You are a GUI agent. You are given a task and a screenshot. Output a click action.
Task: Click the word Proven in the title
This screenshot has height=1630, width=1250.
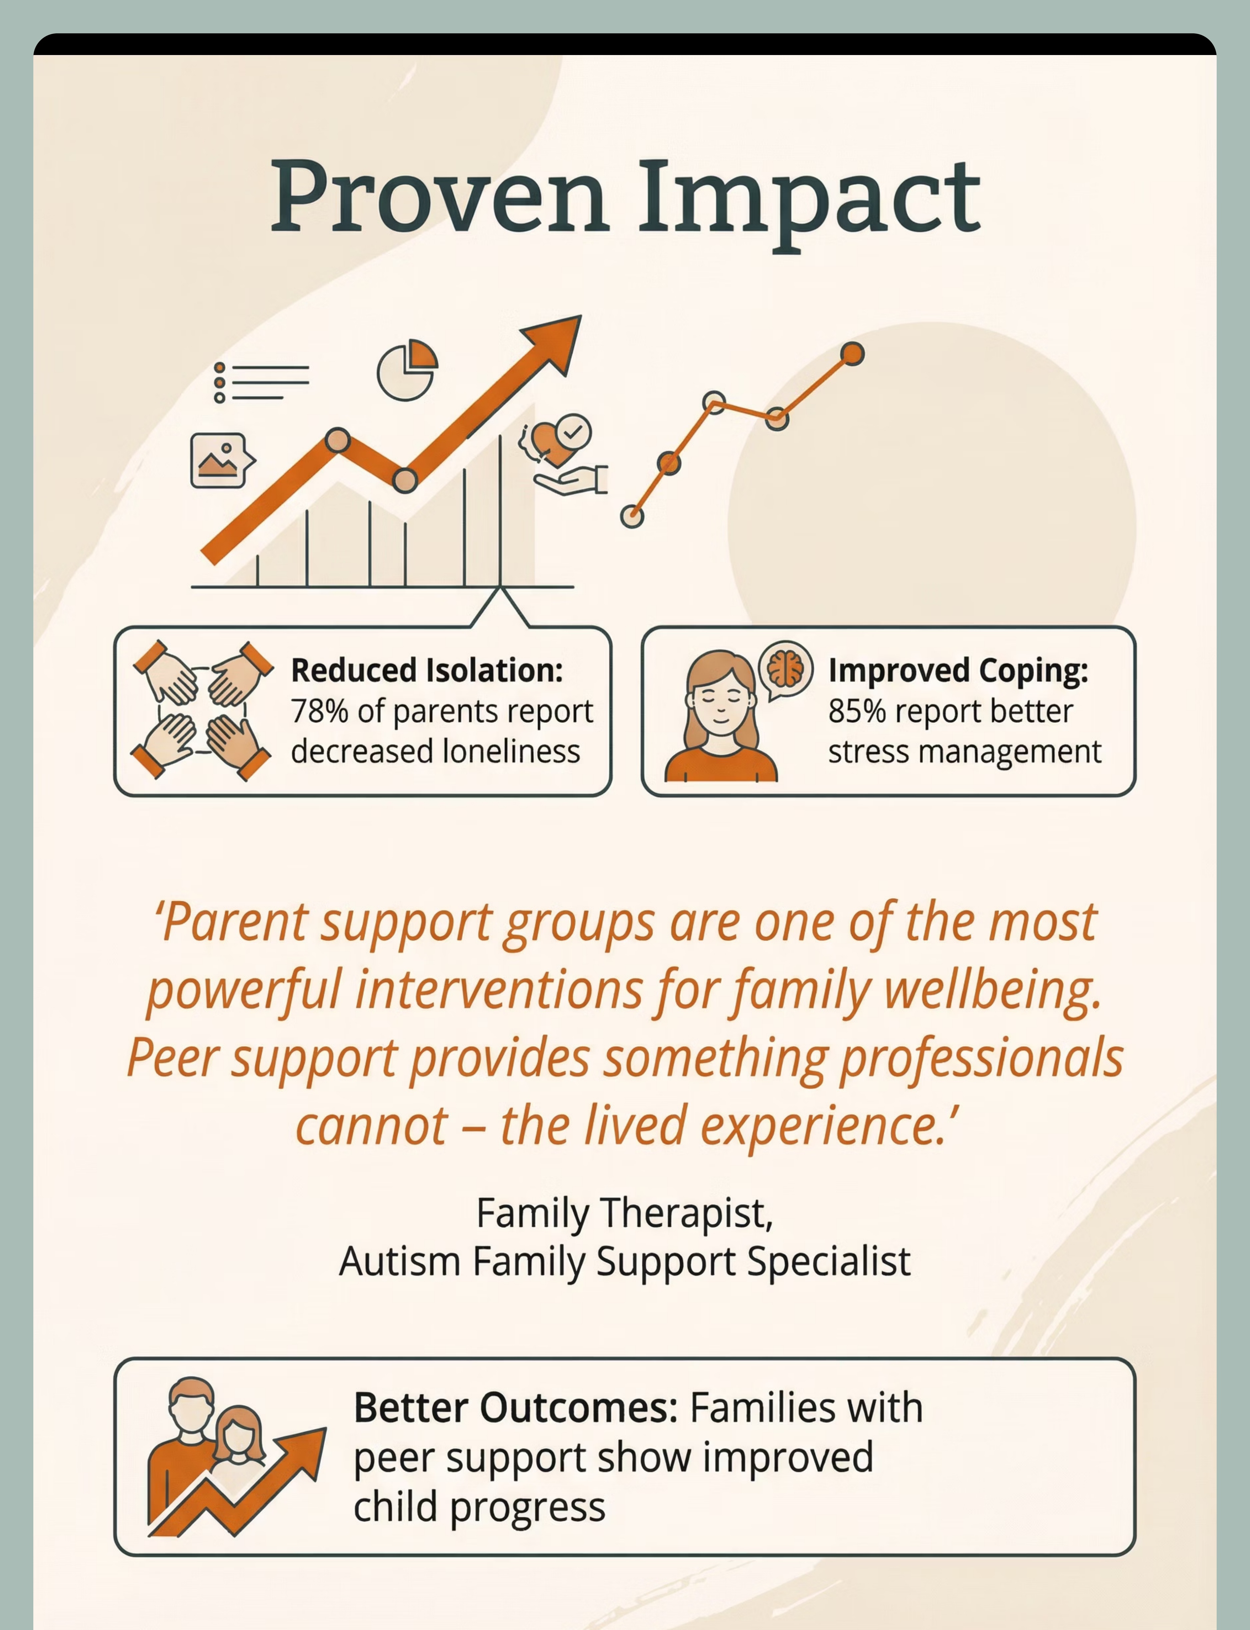pos(439,197)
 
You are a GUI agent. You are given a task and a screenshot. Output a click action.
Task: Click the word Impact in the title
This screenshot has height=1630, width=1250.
pos(810,201)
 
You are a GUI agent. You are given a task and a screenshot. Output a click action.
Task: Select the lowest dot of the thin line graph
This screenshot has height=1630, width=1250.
pos(632,516)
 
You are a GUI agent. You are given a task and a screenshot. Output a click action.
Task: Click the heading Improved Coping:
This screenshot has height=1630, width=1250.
pos(958,671)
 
